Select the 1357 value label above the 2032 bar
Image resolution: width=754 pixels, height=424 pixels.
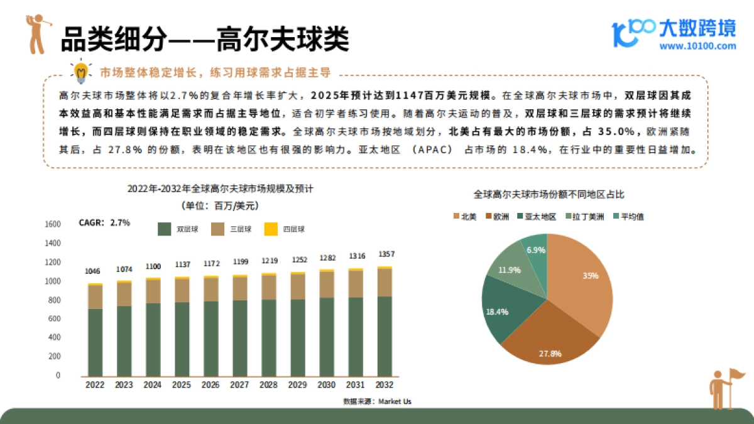385,254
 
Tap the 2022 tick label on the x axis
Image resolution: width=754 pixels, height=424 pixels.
95,384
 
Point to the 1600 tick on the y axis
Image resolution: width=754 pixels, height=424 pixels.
53,224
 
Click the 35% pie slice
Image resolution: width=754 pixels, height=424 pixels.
581,283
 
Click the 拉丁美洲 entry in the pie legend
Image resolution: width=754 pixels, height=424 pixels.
586,217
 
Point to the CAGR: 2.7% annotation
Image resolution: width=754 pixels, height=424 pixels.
104,222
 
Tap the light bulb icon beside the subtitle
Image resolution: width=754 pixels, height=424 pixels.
80,72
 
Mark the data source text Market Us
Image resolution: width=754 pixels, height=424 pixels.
377,401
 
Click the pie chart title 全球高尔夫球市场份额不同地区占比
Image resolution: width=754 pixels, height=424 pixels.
549,195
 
